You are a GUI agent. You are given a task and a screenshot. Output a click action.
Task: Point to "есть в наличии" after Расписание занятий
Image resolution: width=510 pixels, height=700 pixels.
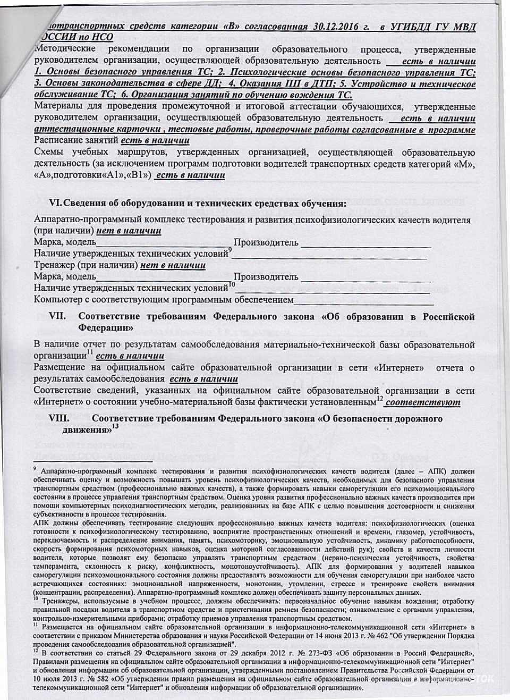pyautogui.click(x=155, y=141)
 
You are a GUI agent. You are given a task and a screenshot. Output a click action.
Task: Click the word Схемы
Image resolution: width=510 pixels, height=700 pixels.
pyautogui.click(x=48, y=153)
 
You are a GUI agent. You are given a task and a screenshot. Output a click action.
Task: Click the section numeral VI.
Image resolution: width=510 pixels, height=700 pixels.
pyautogui.click(x=55, y=204)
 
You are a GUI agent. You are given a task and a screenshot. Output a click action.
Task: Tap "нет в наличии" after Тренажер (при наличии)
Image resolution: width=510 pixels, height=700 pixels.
pyautogui.click(x=173, y=265)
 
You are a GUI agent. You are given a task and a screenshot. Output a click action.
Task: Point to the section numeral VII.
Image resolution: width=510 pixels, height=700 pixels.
pyautogui.click(x=57, y=317)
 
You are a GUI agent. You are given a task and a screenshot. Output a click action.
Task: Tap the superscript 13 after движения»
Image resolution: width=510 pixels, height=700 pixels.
pyautogui.click(x=115, y=426)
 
